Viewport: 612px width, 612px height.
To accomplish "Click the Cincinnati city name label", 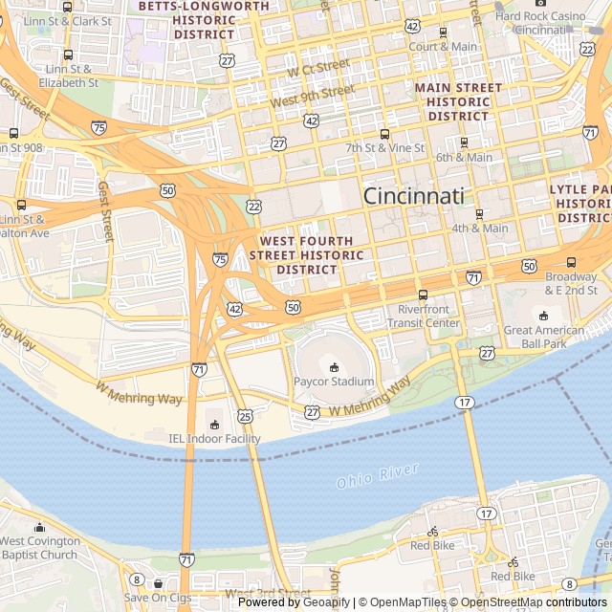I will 413,196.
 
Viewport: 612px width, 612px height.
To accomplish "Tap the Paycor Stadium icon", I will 334,366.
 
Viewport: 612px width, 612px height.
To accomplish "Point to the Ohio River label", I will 378,475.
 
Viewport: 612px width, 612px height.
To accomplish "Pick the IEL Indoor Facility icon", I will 214,424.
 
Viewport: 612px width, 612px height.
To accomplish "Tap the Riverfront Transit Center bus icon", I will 423,295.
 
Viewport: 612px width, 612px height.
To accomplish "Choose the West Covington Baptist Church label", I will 39,548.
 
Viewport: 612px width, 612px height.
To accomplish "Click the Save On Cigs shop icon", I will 158,582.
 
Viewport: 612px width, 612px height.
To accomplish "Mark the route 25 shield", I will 246,415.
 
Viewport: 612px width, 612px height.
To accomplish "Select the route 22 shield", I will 253,207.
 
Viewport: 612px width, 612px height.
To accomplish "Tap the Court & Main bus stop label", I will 443,46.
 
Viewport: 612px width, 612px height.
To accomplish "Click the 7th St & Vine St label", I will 384,148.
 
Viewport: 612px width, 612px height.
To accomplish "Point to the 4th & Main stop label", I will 480,229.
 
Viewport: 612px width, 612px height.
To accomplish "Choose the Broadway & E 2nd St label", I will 571,282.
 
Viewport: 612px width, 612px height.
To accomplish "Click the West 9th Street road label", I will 312,97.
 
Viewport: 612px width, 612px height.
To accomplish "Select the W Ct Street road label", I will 318,67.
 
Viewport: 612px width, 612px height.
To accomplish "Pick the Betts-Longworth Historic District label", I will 204,19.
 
